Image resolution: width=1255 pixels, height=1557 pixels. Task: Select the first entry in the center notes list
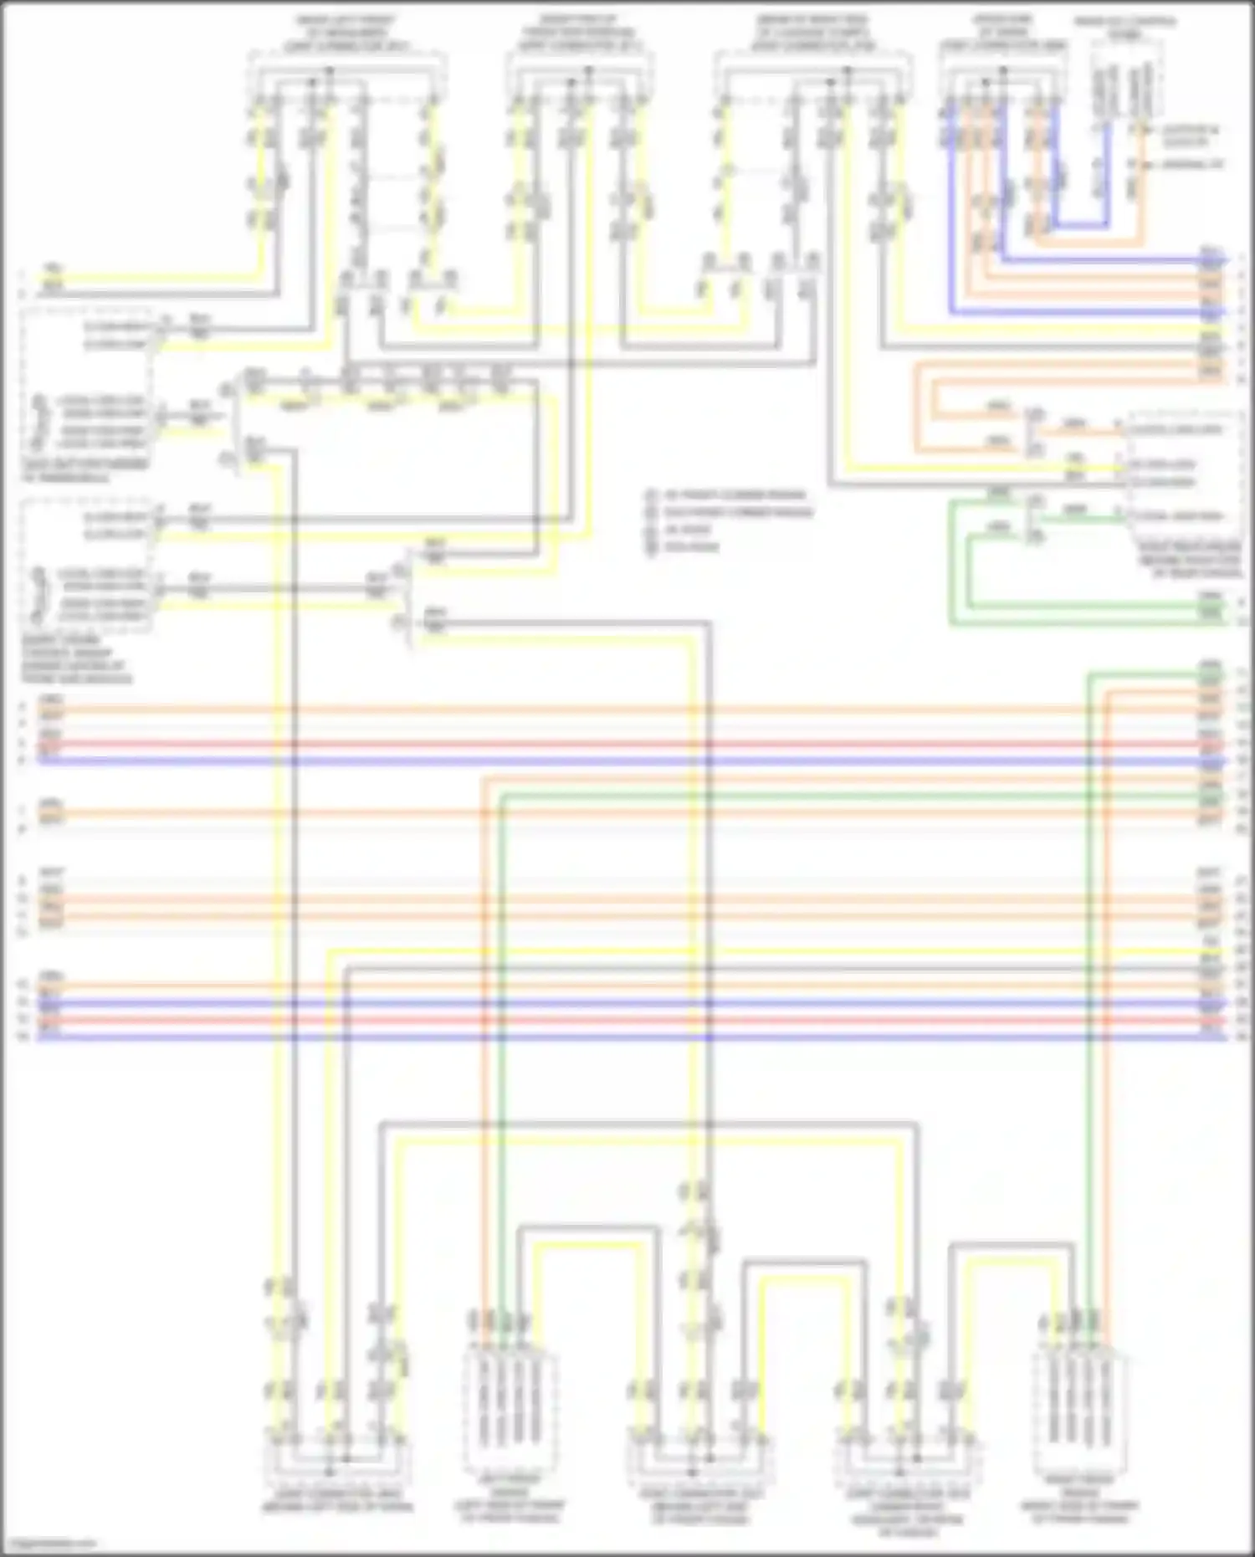point(728,494)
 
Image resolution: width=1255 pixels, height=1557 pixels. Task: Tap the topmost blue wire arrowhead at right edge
point(1223,260)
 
